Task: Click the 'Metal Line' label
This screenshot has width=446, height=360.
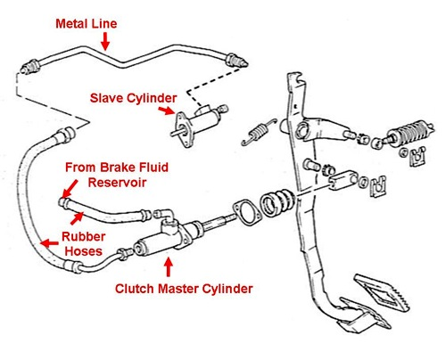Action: (x=87, y=24)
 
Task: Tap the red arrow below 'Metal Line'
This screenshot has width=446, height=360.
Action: (x=105, y=41)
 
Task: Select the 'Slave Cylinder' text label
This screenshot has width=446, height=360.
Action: (x=133, y=98)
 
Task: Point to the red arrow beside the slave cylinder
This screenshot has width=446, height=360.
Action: (x=166, y=110)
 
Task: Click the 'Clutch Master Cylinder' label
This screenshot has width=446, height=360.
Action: (x=184, y=289)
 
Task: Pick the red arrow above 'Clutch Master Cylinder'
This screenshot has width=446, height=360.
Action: (x=169, y=266)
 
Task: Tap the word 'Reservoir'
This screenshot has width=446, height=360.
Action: (x=117, y=182)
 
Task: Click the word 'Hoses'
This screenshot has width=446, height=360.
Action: (x=84, y=251)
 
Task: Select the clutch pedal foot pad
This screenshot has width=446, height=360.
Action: (x=382, y=292)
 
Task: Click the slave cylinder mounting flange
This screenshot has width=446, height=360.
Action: (x=181, y=129)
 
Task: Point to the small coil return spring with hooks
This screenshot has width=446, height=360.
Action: (x=260, y=131)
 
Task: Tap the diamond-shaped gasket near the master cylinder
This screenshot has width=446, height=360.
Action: (x=246, y=212)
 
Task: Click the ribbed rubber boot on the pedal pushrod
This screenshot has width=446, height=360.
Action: (x=277, y=203)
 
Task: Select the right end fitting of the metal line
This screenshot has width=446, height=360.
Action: (x=236, y=61)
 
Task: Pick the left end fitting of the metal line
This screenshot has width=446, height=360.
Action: (x=30, y=67)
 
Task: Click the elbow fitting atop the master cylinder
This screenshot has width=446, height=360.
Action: (x=164, y=215)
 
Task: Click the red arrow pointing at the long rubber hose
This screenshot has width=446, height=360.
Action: (x=50, y=243)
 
